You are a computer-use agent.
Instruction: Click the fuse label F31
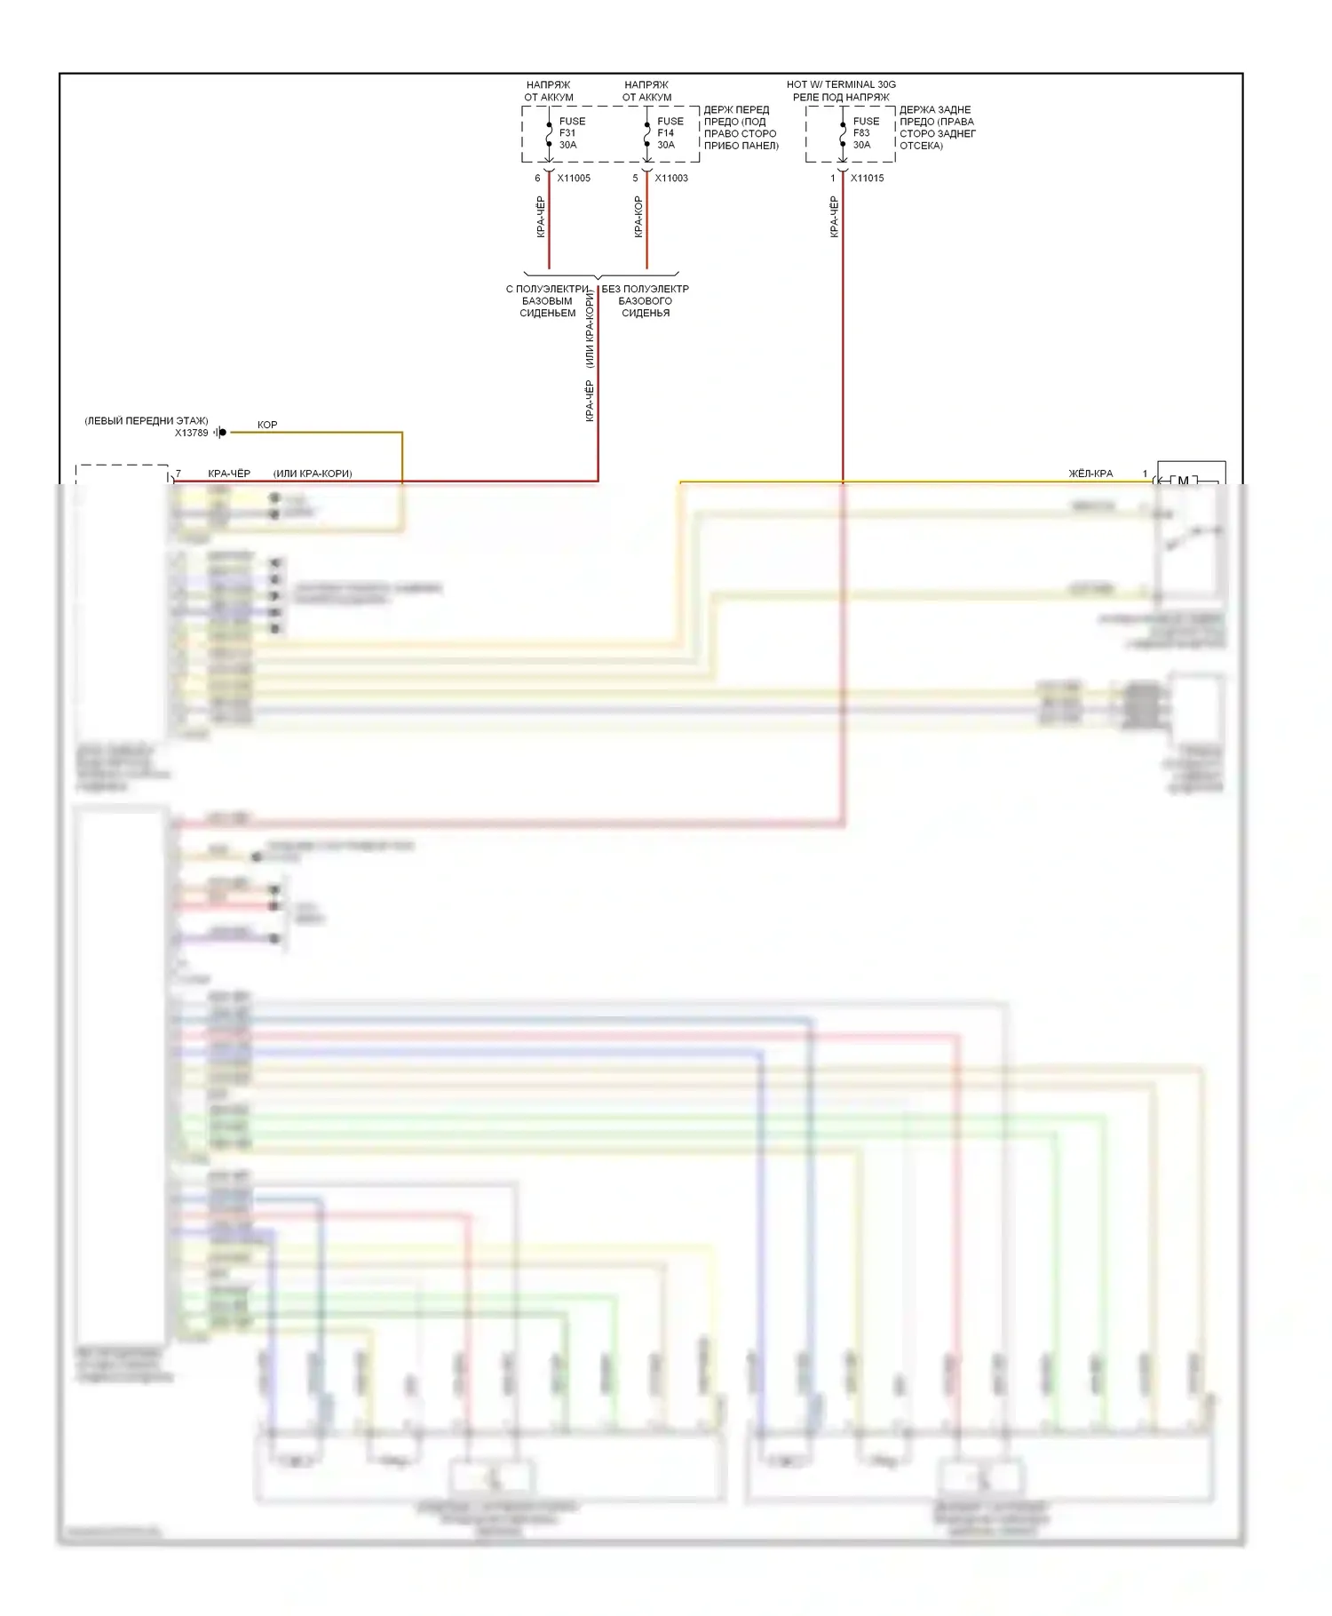coord(567,133)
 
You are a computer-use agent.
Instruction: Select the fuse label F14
coord(666,133)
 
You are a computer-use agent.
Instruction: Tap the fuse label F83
coord(861,133)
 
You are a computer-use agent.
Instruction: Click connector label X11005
coord(574,179)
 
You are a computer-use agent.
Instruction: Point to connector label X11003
coord(671,179)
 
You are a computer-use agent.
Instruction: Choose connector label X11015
coord(867,179)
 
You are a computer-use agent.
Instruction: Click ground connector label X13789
coord(191,434)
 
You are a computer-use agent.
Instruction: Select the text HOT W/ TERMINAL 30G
coord(841,85)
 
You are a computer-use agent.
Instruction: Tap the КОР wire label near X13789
coord(267,426)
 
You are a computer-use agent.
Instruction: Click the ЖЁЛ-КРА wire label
coord(1090,474)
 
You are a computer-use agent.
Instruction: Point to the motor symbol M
coord(1183,482)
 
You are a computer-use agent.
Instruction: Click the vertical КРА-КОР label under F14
coord(638,217)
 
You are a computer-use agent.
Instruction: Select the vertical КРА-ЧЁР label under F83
coord(834,217)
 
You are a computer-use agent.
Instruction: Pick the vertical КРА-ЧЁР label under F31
coord(541,217)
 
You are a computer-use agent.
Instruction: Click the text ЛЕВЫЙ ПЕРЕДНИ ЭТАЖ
coord(147,421)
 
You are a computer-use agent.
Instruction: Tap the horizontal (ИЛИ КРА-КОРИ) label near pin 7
coord(313,474)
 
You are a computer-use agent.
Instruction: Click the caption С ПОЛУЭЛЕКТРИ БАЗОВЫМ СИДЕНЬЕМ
coord(548,301)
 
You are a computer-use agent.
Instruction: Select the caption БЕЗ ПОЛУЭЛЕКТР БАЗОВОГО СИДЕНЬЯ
coord(646,301)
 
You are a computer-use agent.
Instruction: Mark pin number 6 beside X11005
coord(537,179)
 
